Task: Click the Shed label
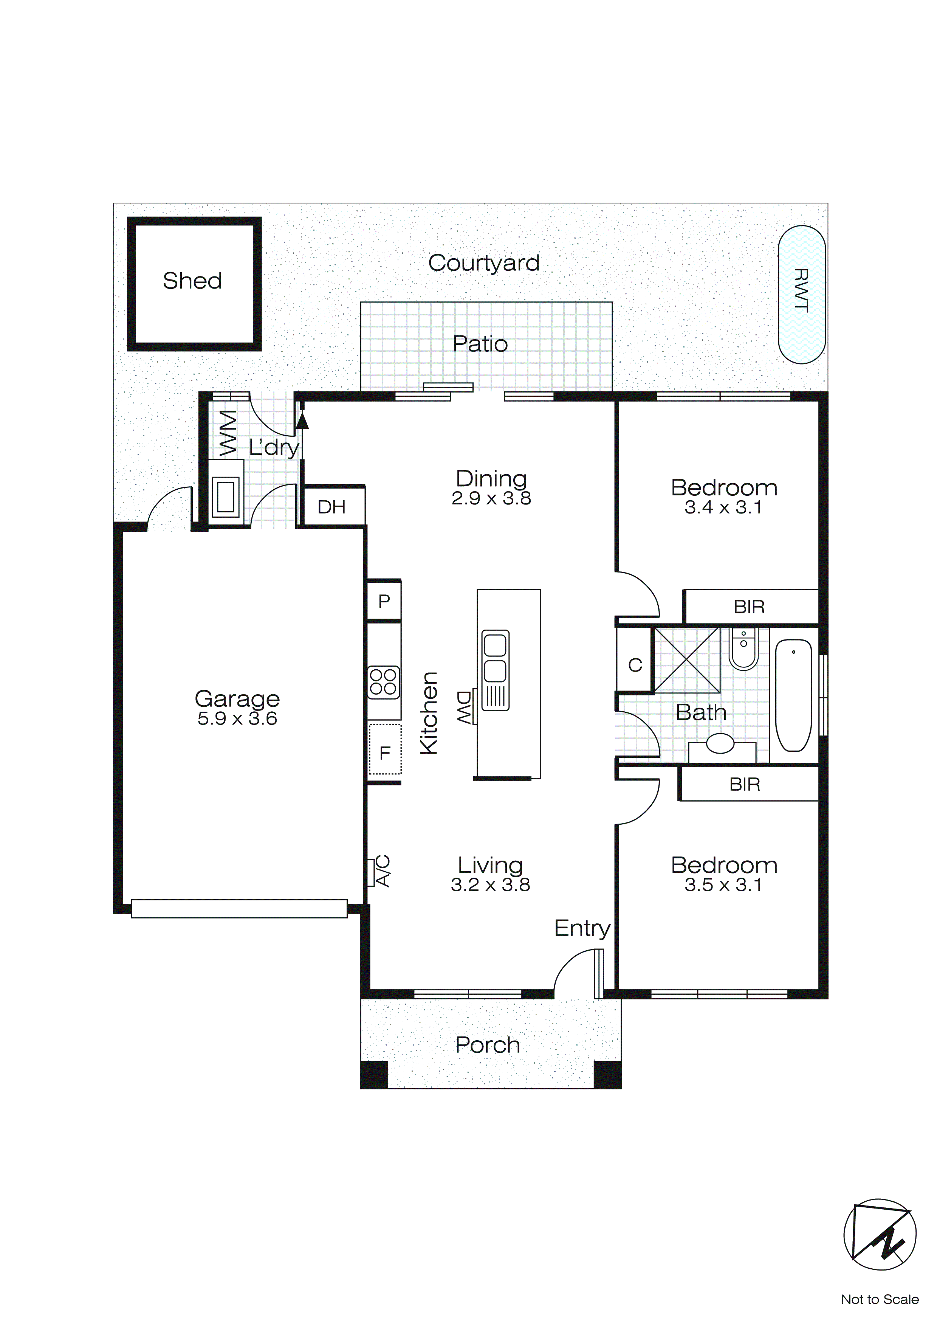click(192, 281)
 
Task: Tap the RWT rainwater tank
click(801, 294)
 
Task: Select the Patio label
click(480, 344)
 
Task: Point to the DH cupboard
click(332, 507)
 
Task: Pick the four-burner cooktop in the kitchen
click(384, 682)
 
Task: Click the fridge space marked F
click(385, 752)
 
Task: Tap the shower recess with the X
click(687, 659)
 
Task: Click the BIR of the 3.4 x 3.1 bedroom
click(749, 607)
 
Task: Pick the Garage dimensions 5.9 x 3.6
click(237, 718)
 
